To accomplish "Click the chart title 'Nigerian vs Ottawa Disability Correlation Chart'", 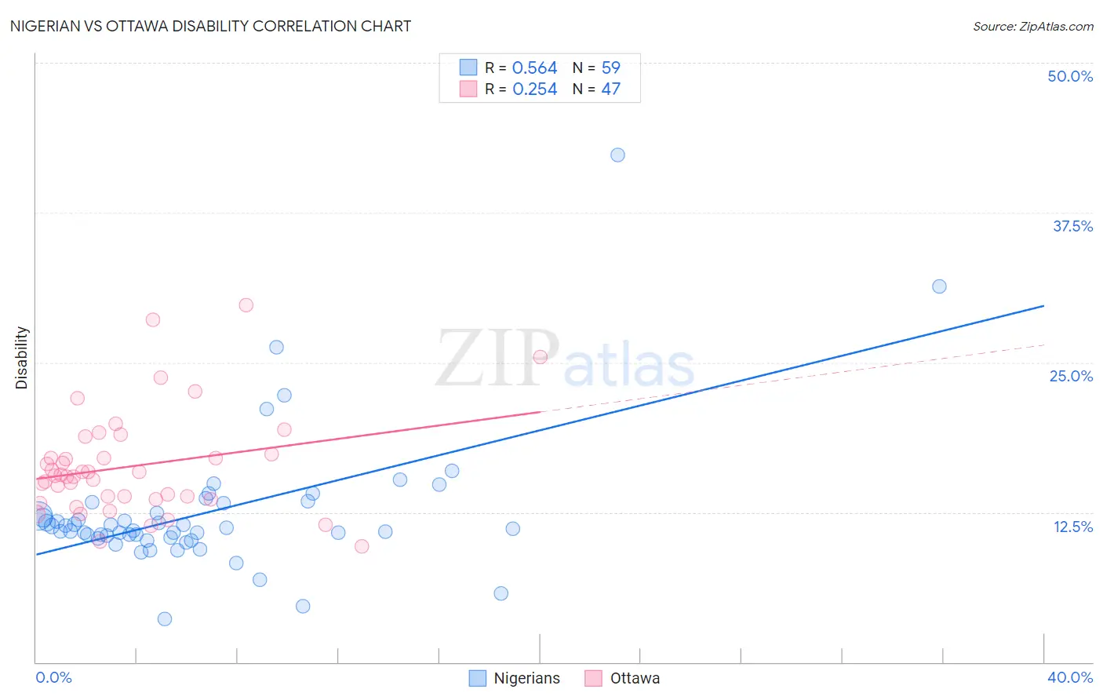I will (x=210, y=26).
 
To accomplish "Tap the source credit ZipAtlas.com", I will (x=1032, y=26).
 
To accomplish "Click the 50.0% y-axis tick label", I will (x=1070, y=76).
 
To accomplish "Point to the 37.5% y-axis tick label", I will (x=1072, y=226).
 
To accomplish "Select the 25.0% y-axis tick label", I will (x=1071, y=376).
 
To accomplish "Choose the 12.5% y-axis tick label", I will (x=1072, y=527).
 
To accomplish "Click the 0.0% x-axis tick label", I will (x=53, y=677).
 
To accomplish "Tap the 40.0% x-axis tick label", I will (x=1070, y=677).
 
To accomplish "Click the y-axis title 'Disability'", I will (x=22, y=358).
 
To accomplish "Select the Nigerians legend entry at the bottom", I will (x=515, y=678).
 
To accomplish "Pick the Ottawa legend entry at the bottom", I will (x=623, y=678).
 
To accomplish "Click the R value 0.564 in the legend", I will (x=534, y=68).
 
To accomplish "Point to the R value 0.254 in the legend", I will (x=534, y=89).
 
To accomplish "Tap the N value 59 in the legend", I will (x=610, y=68).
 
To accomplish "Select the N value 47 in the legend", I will (x=610, y=89).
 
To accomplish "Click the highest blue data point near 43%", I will (x=617, y=155).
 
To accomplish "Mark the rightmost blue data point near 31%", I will (x=939, y=286).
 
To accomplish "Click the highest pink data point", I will (x=246, y=305).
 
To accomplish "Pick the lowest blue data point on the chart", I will (x=165, y=619).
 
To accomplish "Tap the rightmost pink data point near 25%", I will (x=540, y=357).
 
